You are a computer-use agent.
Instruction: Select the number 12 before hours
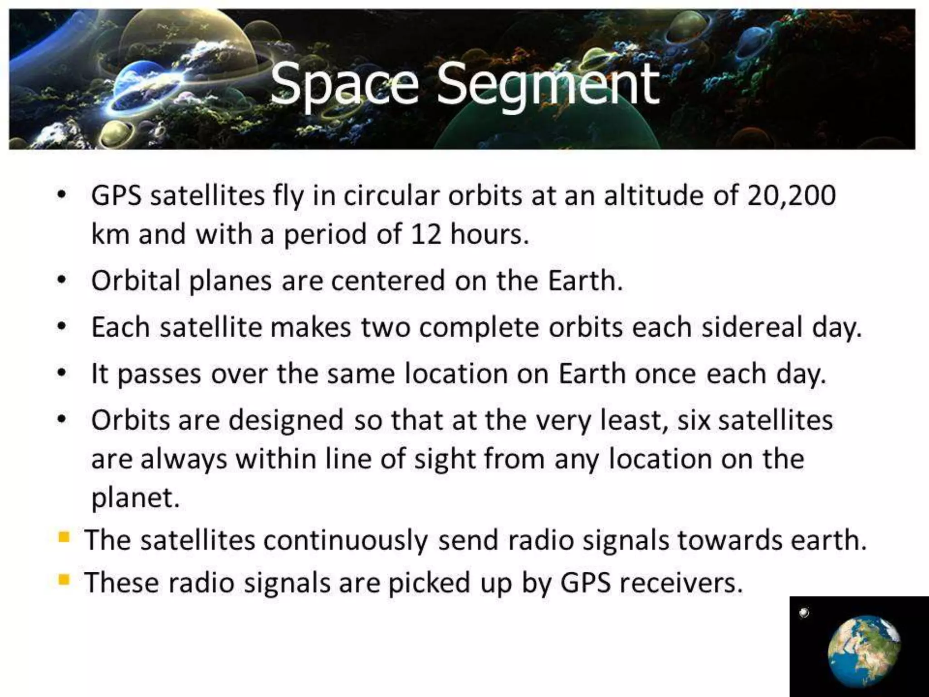425,235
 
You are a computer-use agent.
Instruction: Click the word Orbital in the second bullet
136,281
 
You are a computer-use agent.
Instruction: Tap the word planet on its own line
135,499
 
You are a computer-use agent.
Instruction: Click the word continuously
345,541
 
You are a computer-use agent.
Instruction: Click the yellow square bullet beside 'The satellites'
64,538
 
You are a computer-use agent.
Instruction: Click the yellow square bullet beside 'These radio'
64,580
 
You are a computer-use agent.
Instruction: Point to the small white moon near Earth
804,613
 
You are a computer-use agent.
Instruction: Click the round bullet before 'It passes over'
62,373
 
